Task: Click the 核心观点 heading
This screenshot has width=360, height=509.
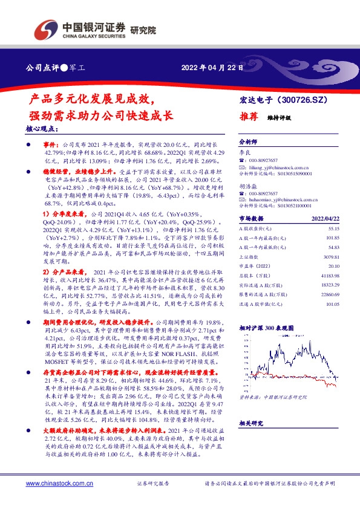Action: [42, 129]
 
